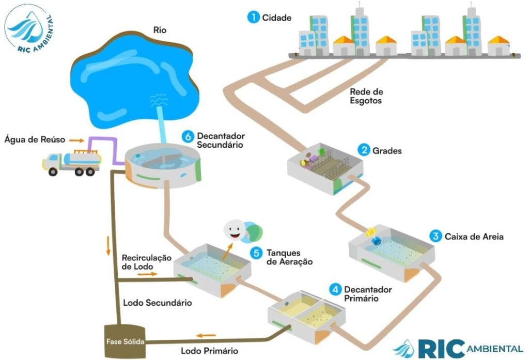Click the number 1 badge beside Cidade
253,18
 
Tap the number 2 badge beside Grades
365,151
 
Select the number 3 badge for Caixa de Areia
435,237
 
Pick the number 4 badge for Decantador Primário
336,289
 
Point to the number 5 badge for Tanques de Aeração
256,253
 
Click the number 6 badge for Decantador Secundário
189,136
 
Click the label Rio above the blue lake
160,29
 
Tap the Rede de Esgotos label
366,96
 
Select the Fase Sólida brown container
125,341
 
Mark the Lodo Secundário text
158,302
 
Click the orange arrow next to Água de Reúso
76,139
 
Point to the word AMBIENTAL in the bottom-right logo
494,348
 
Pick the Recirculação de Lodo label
146,261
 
